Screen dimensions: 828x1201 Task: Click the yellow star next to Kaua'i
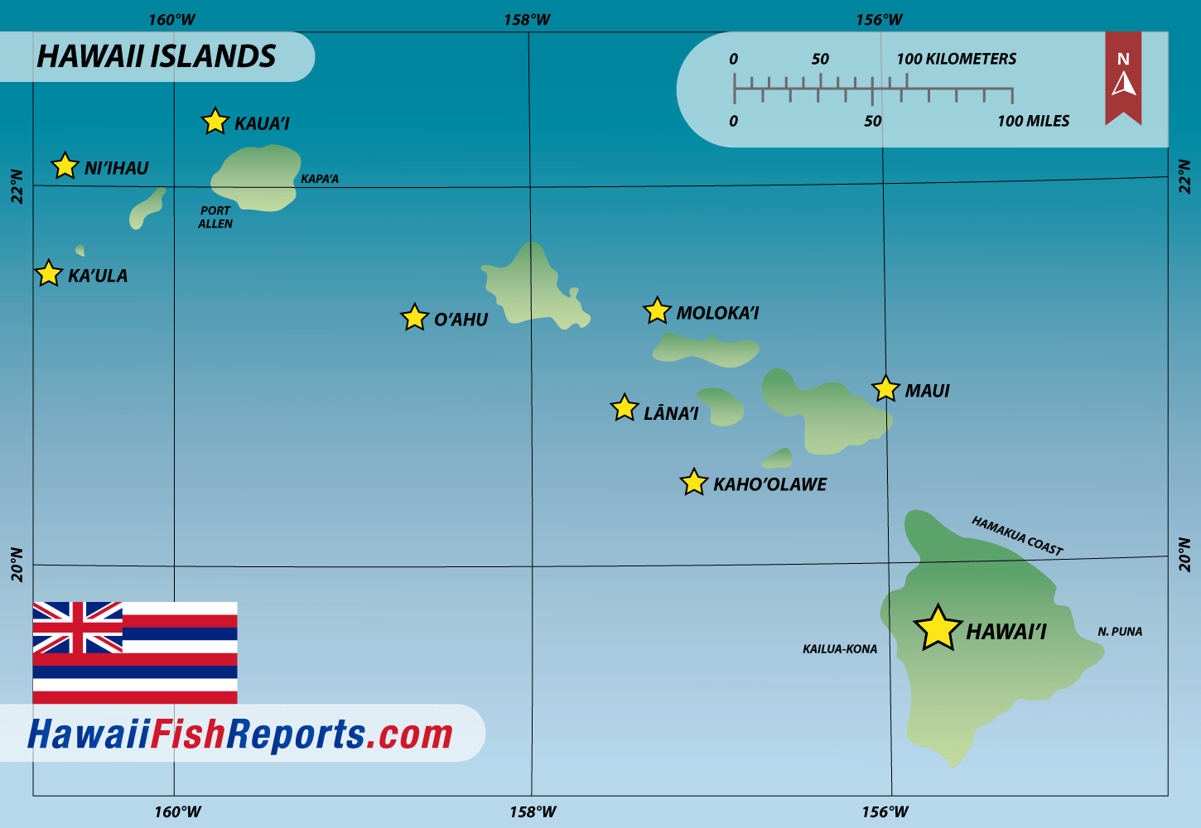pyautogui.click(x=215, y=122)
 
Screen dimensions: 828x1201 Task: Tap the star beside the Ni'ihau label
pyautogui.click(x=65, y=166)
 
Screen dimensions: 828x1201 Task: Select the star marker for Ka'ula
pyautogui.click(x=49, y=273)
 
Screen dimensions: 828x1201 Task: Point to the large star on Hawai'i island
pyautogui.click(x=938, y=628)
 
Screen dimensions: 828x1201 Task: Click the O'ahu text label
pyautogui.click(x=461, y=320)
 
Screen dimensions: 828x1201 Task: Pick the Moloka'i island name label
pyautogui.click(x=717, y=313)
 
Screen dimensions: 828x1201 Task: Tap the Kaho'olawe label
pyautogui.click(x=769, y=484)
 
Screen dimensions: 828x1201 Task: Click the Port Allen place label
pyautogui.click(x=215, y=217)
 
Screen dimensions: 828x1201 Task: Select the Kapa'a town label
pyautogui.click(x=320, y=179)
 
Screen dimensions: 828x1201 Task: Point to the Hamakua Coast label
pyautogui.click(x=1017, y=536)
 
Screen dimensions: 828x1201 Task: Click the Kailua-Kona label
pyautogui.click(x=840, y=649)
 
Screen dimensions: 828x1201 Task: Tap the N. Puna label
pyautogui.click(x=1120, y=632)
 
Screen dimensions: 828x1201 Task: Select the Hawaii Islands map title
pyautogui.click(x=157, y=56)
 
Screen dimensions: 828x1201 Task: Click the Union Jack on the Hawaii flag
pyautogui.click(x=77, y=628)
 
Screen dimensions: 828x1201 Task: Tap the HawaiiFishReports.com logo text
pyautogui.click(x=240, y=734)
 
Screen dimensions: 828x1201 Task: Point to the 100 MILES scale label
pyautogui.click(x=1033, y=121)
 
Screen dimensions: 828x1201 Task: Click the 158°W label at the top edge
pyautogui.click(x=527, y=20)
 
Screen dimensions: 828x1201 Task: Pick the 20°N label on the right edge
pyautogui.click(x=1184, y=555)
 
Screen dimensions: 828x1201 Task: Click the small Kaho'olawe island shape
pyautogui.click(x=779, y=458)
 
